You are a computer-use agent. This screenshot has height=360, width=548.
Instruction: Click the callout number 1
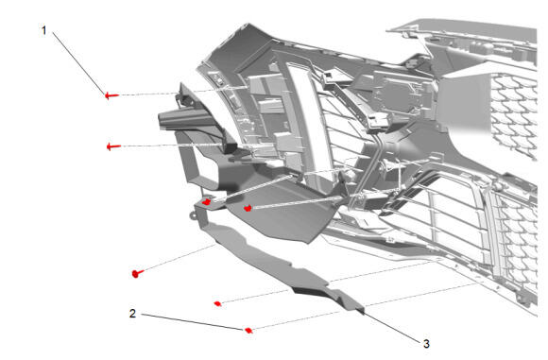click(x=44, y=30)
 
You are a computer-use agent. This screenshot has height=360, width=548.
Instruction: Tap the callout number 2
click(x=132, y=313)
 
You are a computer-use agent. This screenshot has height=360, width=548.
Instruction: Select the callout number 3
click(x=426, y=344)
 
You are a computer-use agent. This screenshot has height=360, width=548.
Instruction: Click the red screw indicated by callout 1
click(x=111, y=94)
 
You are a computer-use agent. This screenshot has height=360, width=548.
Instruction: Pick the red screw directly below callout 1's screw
click(x=113, y=146)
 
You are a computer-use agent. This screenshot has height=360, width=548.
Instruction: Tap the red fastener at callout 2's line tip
click(x=248, y=331)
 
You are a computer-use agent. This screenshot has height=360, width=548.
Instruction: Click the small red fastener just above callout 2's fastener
click(x=217, y=303)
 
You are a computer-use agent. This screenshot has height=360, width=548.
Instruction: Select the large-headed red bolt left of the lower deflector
click(x=138, y=273)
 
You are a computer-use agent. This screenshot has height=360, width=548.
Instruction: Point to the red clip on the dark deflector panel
click(x=248, y=208)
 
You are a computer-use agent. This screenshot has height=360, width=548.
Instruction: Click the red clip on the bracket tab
click(x=207, y=202)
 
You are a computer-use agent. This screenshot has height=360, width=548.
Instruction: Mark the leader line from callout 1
click(x=79, y=63)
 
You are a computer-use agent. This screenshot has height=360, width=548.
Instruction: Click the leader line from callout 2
click(x=193, y=321)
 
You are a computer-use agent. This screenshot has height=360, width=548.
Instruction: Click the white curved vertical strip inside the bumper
click(x=309, y=119)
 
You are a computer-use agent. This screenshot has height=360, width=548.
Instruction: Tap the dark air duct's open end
click(x=166, y=120)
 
